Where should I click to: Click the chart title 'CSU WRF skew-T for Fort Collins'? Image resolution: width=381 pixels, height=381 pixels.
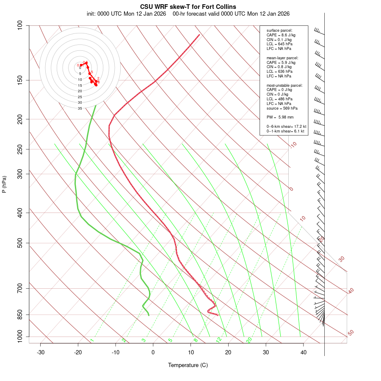pos(188,7)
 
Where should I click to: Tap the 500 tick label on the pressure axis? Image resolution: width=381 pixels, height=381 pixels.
pos(21,243)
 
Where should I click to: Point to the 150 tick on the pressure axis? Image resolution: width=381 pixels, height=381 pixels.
pos(21,80)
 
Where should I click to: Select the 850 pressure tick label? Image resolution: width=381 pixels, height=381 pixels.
pos(21,315)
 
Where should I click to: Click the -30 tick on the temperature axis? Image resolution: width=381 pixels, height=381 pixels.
pos(41,352)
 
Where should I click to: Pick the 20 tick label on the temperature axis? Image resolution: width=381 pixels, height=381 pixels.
pos(228,352)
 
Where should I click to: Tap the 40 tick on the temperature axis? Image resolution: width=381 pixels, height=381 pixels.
pos(304,352)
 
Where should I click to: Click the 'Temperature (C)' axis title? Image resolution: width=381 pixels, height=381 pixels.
pos(188,365)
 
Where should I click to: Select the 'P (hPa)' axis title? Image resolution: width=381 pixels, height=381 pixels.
pos(4,185)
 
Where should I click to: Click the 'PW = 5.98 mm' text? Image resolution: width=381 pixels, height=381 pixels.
pos(280,117)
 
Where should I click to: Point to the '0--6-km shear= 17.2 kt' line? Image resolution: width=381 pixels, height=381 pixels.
pos(286,127)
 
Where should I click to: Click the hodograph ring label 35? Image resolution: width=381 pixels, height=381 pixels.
pos(80,108)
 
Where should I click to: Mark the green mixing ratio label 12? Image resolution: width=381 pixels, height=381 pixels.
pos(219,340)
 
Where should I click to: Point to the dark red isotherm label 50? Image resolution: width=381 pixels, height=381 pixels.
pos(351,333)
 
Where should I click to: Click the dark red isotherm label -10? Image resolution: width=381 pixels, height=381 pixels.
pos(293,145)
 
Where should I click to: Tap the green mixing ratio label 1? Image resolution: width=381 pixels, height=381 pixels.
pos(92,340)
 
